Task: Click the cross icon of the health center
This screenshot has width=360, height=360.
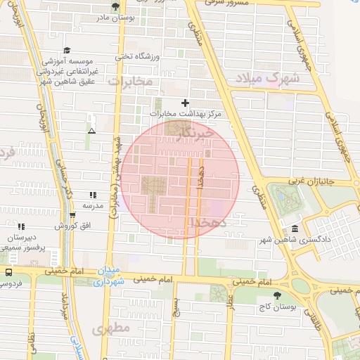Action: (186, 103)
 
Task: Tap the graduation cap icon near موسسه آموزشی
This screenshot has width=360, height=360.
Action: (67, 50)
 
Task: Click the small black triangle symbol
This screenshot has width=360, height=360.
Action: (91, 131)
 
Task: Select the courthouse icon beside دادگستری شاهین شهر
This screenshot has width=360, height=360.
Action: (294, 229)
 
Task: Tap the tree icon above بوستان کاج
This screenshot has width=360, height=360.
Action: (275, 295)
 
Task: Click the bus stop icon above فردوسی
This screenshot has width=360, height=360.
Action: (8, 272)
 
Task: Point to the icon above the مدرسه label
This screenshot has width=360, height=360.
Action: (93, 195)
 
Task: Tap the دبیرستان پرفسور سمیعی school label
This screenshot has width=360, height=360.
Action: (22, 243)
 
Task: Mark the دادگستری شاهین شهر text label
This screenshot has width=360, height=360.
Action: (321, 240)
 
